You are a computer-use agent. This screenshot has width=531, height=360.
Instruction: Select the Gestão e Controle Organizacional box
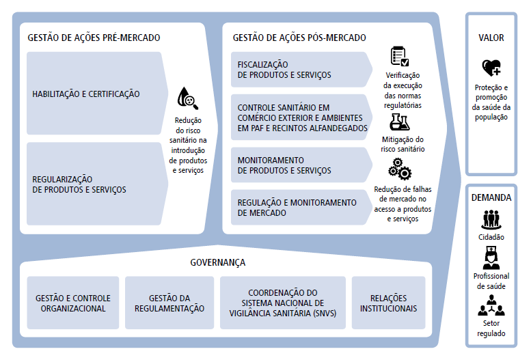(73, 303)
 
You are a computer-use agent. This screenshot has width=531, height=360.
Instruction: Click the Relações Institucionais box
(388, 303)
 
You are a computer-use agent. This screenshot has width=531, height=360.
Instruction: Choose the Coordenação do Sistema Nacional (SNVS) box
(283, 303)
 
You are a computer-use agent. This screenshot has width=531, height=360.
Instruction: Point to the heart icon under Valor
(491, 68)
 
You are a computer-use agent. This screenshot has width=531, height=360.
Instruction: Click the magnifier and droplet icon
(187, 99)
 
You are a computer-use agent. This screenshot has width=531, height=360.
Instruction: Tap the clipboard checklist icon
(400, 57)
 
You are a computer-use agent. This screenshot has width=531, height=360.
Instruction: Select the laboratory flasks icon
(399, 122)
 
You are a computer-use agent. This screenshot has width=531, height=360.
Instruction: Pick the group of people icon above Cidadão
(491, 219)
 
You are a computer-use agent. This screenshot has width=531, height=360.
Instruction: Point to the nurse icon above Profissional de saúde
(491, 258)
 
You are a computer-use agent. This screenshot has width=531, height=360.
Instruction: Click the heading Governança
(217, 262)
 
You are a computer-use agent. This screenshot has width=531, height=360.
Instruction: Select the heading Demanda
(491, 197)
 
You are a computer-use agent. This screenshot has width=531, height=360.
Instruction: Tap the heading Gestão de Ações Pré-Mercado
(94, 38)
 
